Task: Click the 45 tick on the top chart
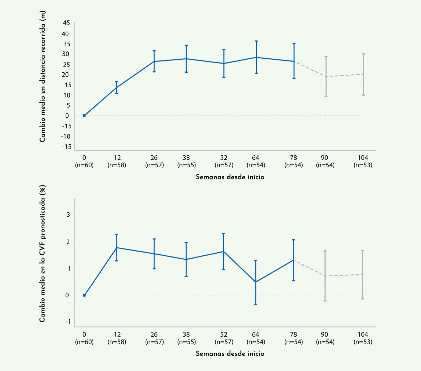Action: click(x=66, y=23)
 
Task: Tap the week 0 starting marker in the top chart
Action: click(x=84, y=115)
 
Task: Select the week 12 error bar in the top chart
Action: click(x=116, y=87)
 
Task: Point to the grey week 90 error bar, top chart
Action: click(x=326, y=76)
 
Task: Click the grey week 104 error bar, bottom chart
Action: click(x=362, y=274)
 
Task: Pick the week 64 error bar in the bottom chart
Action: click(x=256, y=282)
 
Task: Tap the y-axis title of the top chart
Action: click(x=42, y=77)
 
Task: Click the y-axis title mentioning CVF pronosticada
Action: click(x=42, y=253)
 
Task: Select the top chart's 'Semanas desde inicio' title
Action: click(x=230, y=177)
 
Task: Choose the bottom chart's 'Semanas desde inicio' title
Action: click(x=230, y=353)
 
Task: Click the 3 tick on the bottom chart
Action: click(x=68, y=215)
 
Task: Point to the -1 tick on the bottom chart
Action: click(x=67, y=321)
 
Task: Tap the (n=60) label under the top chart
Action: click(x=84, y=165)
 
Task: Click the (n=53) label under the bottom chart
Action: click(x=363, y=342)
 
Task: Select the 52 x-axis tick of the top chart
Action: click(x=224, y=158)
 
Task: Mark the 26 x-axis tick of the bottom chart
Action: click(x=154, y=334)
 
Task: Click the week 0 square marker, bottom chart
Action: click(x=84, y=295)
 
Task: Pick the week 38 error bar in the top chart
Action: click(x=186, y=59)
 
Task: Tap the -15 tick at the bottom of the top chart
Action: click(x=66, y=147)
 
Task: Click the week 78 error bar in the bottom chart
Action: click(x=294, y=260)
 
